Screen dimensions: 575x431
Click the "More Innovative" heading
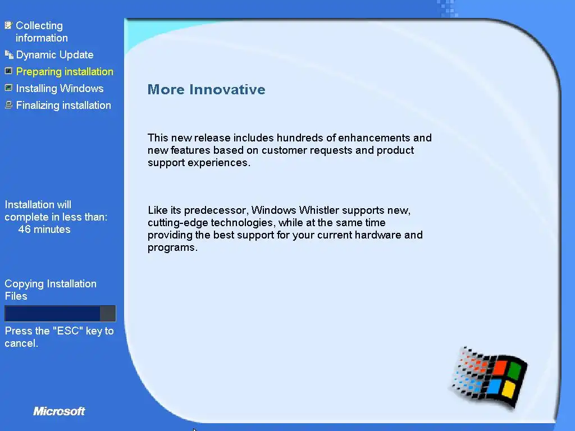click(206, 89)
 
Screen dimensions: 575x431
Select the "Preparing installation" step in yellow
click(65, 71)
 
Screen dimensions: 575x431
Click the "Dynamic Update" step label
click(54, 54)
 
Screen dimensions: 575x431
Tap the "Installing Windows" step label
click(60, 88)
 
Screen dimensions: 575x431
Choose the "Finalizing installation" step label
click(63, 105)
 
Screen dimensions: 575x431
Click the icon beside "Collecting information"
click(8, 25)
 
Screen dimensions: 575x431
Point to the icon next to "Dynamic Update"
click(9, 54)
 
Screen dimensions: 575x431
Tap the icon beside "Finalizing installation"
click(9, 105)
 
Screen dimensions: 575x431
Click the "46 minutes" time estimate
click(44, 230)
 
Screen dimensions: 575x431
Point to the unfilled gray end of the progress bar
click(108, 314)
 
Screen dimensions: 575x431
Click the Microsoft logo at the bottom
click(59, 411)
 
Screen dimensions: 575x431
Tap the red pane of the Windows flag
click(499, 367)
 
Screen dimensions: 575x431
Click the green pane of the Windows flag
click(515, 371)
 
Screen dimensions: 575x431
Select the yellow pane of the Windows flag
click(509, 389)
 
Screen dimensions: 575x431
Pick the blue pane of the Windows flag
click(494, 386)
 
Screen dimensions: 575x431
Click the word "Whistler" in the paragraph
click(319, 210)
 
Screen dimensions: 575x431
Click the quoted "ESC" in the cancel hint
click(68, 331)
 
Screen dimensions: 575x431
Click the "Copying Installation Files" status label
click(51, 290)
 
